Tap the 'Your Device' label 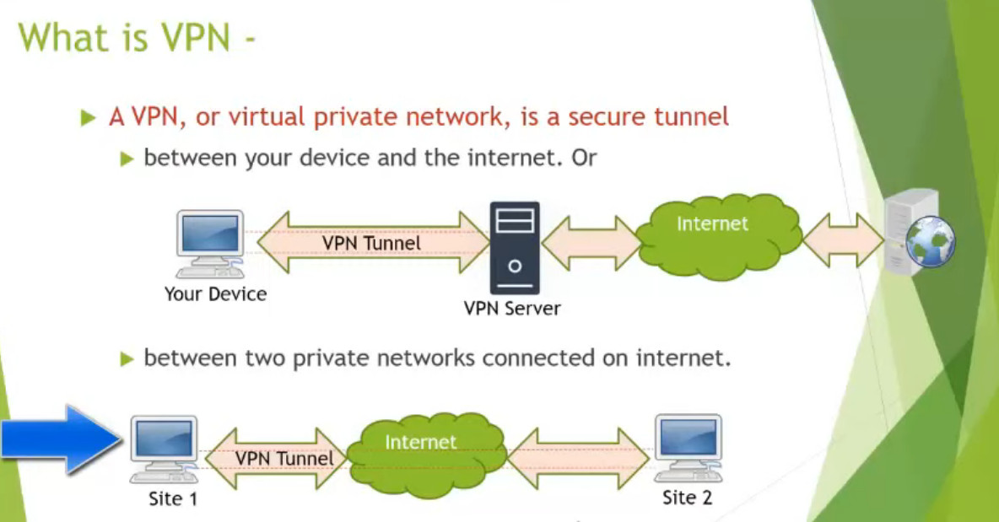[215, 294]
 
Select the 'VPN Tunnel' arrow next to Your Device [371, 242]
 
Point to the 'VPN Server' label [512, 308]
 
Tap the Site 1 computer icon [164, 448]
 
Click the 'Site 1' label [173, 498]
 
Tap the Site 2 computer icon [688, 446]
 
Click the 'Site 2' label [687, 498]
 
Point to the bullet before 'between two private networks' [127, 359]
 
